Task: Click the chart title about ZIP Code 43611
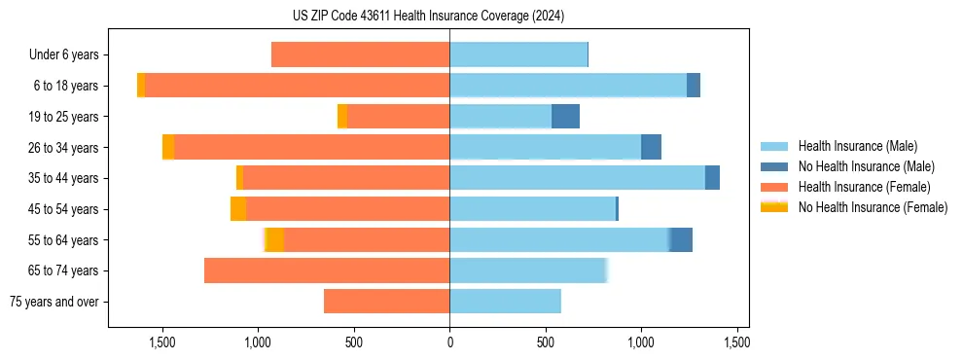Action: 428,16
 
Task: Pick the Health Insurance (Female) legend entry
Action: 857,187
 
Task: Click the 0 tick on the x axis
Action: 449,342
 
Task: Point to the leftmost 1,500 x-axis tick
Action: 161,342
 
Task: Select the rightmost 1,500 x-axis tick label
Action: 736,342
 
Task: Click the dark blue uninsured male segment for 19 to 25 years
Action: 565,117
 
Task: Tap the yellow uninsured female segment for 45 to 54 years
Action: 238,209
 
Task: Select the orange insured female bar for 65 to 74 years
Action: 327,270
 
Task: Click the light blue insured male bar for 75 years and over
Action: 505,302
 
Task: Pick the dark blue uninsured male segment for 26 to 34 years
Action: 651,147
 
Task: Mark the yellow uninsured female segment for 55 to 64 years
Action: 273,239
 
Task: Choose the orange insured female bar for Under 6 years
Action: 360,54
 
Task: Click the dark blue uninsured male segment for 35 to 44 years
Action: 712,178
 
